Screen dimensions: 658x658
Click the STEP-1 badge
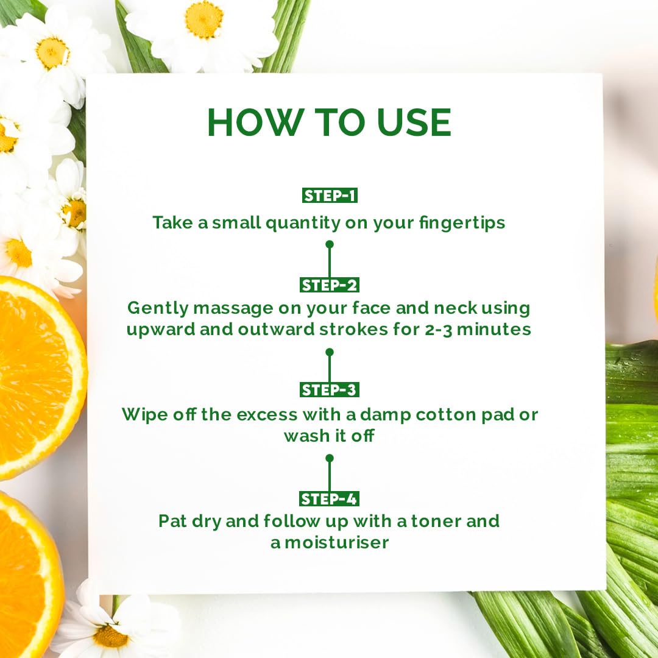click(x=329, y=196)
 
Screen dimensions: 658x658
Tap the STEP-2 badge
click(x=329, y=285)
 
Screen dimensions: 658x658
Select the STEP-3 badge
click(x=329, y=390)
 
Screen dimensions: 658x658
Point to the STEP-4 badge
click(x=329, y=499)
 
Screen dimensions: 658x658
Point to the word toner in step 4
click(x=436, y=522)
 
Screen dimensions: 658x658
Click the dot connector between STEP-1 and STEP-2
click(x=329, y=244)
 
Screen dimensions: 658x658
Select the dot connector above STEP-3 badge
click(x=329, y=352)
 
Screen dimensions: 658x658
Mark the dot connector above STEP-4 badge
click(x=329, y=458)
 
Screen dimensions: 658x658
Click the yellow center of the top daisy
click(x=203, y=20)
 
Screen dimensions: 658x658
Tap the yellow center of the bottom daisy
click(x=111, y=635)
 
